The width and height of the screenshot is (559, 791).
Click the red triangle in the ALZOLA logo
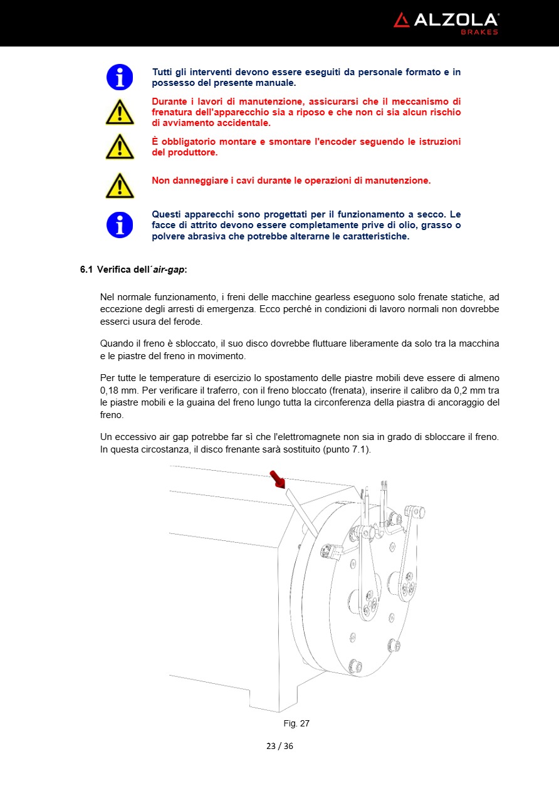401,20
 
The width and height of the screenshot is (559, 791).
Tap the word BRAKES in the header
480,32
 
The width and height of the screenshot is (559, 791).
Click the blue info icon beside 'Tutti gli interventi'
119,77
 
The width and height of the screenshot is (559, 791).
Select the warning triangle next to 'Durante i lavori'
119,113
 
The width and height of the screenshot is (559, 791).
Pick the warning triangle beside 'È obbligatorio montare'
119,147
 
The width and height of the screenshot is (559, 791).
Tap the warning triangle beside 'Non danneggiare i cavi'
119,186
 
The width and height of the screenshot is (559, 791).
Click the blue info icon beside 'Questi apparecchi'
119,225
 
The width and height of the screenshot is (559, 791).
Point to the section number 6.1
86,270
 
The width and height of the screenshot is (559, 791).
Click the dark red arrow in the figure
277,479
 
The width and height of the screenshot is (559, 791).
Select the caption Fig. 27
296,723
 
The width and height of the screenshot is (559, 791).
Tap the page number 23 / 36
279,746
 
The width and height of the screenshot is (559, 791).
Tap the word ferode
188,322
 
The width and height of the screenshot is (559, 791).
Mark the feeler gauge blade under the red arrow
298,508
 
